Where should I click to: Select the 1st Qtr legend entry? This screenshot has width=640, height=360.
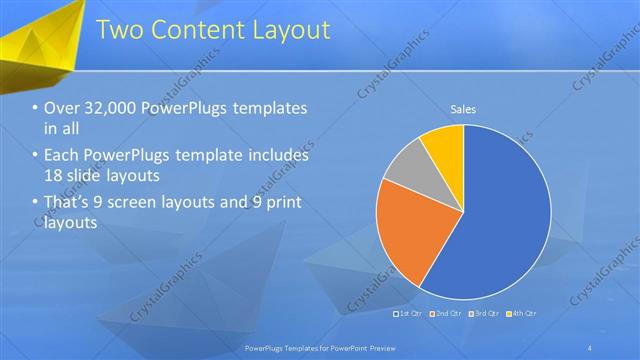[408, 315]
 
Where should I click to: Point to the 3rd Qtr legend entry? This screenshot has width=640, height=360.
[484, 315]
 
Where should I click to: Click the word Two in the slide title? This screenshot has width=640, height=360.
[121, 30]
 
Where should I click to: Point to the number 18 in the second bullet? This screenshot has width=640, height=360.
[53, 175]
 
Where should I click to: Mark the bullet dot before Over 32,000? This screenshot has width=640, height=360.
[35, 109]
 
